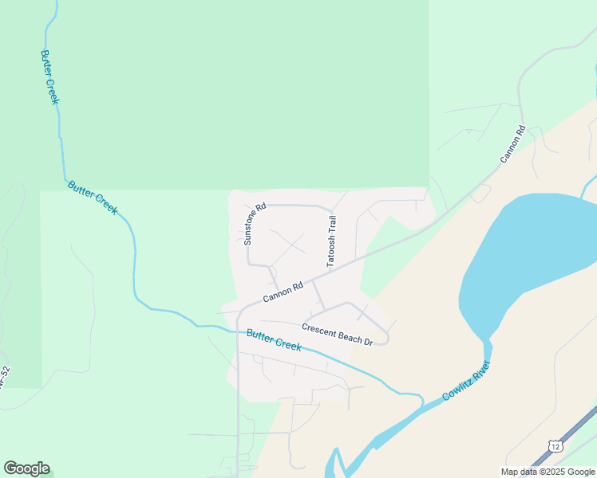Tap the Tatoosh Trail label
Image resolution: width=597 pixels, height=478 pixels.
pos(332,241)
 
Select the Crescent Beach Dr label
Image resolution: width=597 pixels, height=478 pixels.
pos(338,334)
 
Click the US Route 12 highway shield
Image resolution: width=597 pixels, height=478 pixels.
pos(555,445)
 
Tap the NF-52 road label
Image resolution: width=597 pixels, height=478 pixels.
pos(5,378)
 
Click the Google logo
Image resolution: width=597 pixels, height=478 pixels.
pos(26,468)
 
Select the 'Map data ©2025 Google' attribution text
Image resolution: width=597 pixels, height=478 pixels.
pos(548,472)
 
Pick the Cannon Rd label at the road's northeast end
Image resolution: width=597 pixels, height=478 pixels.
pos(513,145)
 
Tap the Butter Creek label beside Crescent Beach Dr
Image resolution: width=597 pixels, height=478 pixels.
pos(274,340)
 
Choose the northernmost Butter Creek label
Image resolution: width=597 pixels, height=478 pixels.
pos(49,78)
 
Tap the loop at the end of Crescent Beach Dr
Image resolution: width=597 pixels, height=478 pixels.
pos(382,338)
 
